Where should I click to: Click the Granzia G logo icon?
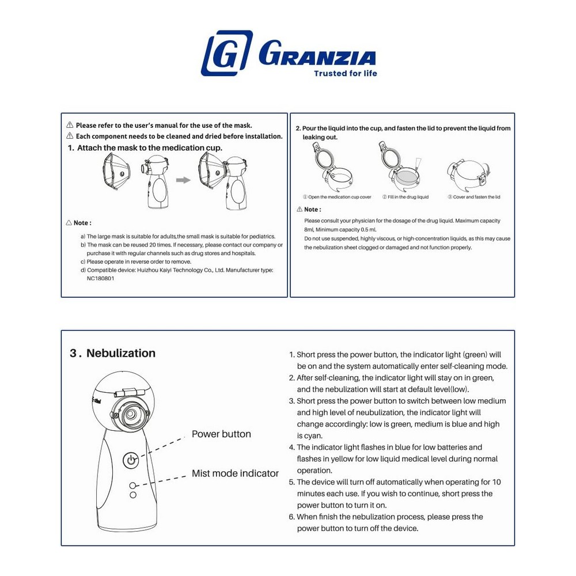tap(226, 53)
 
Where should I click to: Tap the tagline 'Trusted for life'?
tap(346, 73)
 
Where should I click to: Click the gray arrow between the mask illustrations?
tap(183, 180)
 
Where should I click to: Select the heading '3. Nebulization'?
tap(113, 353)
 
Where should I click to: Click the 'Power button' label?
tap(221, 434)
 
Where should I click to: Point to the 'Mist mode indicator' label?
tap(235, 473)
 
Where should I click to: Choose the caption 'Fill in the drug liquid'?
tap(406, 197)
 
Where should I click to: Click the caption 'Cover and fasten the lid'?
tap(474, 197)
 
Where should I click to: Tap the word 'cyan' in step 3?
tap(310, 435)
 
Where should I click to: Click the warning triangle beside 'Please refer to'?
tap(70, 125)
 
